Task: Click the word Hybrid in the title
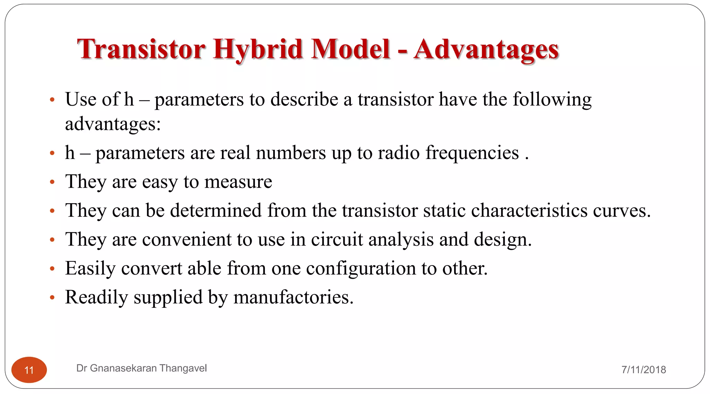pos(258,49)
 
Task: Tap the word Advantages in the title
pos(486,49)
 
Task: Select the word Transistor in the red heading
pos(141,49)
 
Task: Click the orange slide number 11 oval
pos(29,370)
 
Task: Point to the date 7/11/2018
pos(643,370)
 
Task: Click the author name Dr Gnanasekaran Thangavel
pos(141,368)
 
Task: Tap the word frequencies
pos(472,153)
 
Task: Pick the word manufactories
pos(293,297)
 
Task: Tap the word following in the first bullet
pos(552,100)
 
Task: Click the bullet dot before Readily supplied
pos(52,297)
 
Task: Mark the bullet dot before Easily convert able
pos(52,269)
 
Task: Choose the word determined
pos(216,211)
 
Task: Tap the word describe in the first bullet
pos(304,100)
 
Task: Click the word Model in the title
pos(350,49)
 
